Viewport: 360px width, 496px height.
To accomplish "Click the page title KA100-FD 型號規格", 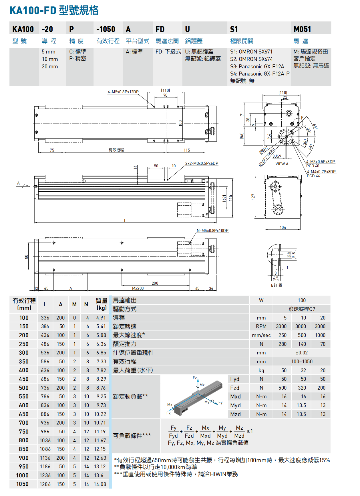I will [x=54, y=10].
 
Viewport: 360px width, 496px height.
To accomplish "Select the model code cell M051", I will [x=302, y=29].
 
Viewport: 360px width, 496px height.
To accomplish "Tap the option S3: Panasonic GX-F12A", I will [x=257, y=66].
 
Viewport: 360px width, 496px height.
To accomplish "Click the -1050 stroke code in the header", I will [x=106, y=29].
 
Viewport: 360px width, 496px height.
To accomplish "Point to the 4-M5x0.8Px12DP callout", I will [x=123, y=92].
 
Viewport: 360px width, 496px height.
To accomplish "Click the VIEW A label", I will [x=282, y=164].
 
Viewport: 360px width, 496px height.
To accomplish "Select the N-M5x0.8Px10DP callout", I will [x=212, y=231].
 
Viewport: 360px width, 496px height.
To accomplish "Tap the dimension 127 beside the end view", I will [x=253, y=197].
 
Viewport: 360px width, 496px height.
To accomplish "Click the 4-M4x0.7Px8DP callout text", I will [x=321, y=172].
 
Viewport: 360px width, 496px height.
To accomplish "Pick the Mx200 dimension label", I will [x=138, y=288].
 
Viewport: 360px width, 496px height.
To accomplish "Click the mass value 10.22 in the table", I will [x=100, y=414].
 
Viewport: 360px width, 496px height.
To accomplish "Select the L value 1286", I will [x=45, y=484].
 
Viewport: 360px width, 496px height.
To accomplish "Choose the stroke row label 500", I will [x=24, y=388].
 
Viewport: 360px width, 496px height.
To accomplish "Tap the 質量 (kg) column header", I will [x=101, y=304].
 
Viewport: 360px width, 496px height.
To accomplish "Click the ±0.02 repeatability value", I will [x=302, y=353].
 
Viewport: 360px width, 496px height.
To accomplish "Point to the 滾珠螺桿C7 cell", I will [x=302, y=309].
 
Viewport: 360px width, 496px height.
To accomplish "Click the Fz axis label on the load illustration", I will [x=195, y=378].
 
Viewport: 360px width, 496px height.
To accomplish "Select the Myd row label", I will [x=235, y=405].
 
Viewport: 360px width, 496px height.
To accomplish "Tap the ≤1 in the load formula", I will [x=250, y=431].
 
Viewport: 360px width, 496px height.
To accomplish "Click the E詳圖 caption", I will [x=277, y=285].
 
